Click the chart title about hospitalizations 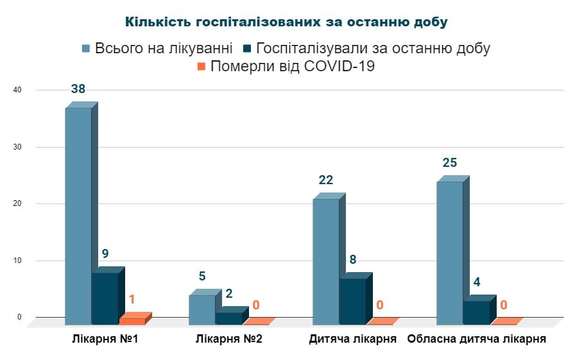pos(286,22)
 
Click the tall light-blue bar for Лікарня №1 pos(78,215)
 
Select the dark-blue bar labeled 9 pos(105,298)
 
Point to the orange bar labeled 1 pos(132,321)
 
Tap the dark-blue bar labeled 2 pos(228,318)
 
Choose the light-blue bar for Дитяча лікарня pos(325,261)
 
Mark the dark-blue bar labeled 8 pos(352,301)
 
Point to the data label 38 pos(78,90)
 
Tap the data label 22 pos(326,180)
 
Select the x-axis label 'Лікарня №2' pos(229,339)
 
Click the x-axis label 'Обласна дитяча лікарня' pos(477,339)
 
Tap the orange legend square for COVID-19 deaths pos(202,66)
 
